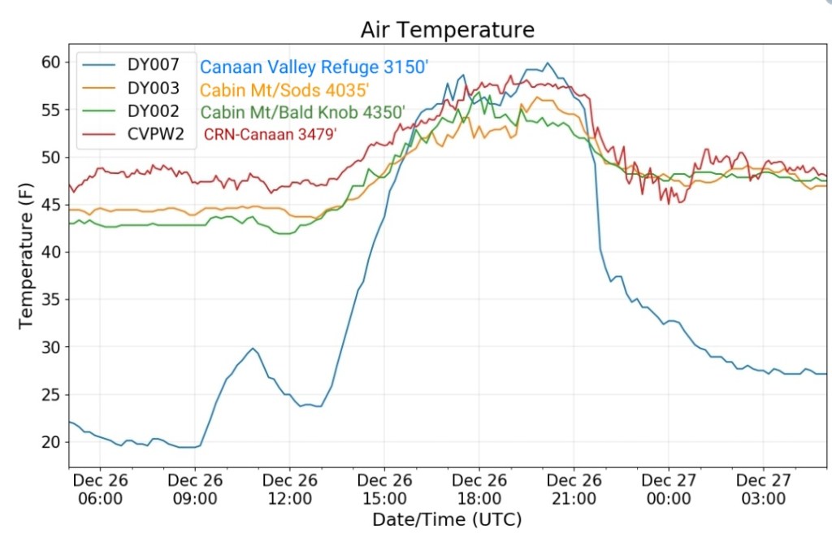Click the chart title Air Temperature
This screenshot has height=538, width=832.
tap(448, 30)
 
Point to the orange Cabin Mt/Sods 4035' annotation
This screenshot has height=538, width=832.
tap(284, 89)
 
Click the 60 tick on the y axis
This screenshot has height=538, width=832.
tap(51, 62)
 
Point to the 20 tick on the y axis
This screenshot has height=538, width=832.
tap(51, 442)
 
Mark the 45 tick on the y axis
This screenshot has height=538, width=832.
tap(51, 205)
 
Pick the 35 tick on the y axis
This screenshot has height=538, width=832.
tap(51, 300)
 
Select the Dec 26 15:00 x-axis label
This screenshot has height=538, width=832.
tap(384, 488)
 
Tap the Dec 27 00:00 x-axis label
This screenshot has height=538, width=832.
tap(668, 488)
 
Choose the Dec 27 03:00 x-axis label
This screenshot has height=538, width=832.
tap(763, 488)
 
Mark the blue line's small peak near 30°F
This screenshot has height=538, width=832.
tap(253, 349)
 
